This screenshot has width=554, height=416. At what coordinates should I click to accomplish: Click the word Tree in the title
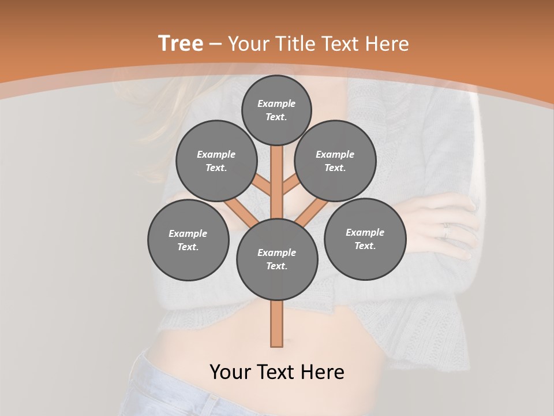[x=181, y=43]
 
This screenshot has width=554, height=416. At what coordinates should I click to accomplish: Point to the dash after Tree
[x=216, y=44]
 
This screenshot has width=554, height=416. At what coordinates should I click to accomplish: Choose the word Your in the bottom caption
[x=231, y=372]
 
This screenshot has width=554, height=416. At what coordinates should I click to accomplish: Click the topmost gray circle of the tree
[x=276, y=110]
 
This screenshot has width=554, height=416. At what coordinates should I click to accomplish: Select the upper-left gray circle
[x=216, y=161]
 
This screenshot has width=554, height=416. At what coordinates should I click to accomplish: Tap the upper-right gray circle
[x=335, y=161]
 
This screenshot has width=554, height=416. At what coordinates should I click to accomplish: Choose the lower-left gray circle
[x=188, y=240]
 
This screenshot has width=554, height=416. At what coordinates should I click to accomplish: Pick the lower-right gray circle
[x=365, y=239]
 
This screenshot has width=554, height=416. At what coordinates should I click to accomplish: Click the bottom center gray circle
[x=277, y=259]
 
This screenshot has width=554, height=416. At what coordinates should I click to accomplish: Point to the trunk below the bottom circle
[x=277, y=324]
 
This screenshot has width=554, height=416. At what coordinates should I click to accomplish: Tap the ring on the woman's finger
[x=445, y=231]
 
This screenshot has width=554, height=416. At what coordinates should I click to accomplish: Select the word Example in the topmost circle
[x=276, y=103]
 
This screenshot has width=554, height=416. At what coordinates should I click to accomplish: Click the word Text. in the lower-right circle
[x=365, y=246]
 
